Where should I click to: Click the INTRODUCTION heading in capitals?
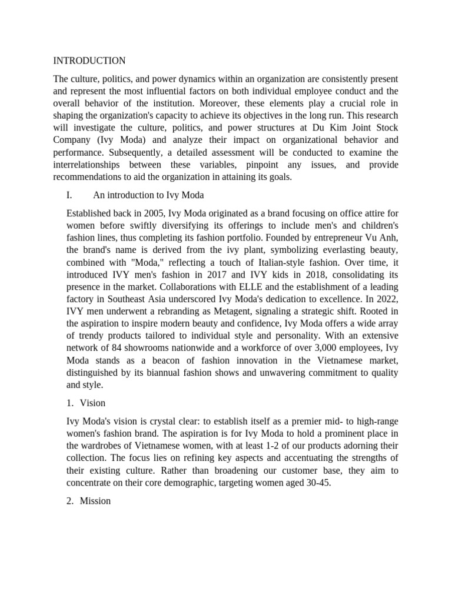89,61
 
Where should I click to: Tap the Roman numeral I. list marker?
71,196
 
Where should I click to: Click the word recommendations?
87,176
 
